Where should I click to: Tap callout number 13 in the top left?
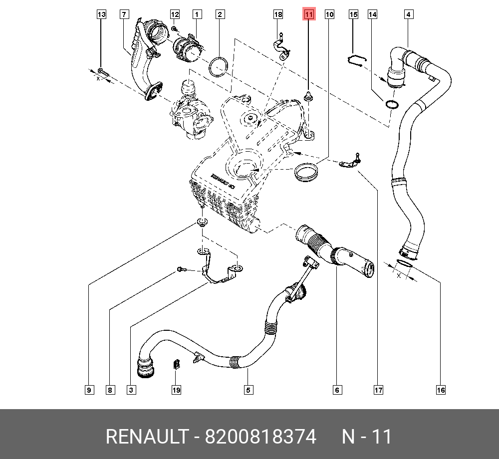pyautogui.click(x=101, y=14)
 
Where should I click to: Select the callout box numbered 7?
pyautogui.click(x=123, y=14)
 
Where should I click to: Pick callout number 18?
pyautogui.click(x=278, y=14)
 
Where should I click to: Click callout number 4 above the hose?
pyautogui.click(x=408, y=14)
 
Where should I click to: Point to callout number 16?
pyautogui.click(x=441, y=390)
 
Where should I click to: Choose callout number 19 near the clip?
pyautogui.click(x=176, y=390)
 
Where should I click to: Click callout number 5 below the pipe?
pyautogui.click(x=248, y=390)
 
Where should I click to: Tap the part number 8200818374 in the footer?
pyautogui.click(x=261, y=437)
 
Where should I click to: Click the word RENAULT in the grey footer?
pyautogui.click(x=146, y=437)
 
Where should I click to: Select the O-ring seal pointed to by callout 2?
pyautogui.click(x=219, y=67)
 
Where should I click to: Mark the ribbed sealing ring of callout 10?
pyautogui.click(x=307, y=173)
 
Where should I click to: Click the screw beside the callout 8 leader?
pyautogui.click(x=181, y=270)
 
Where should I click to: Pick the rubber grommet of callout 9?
pyautogui.click(x=202, y=222)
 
